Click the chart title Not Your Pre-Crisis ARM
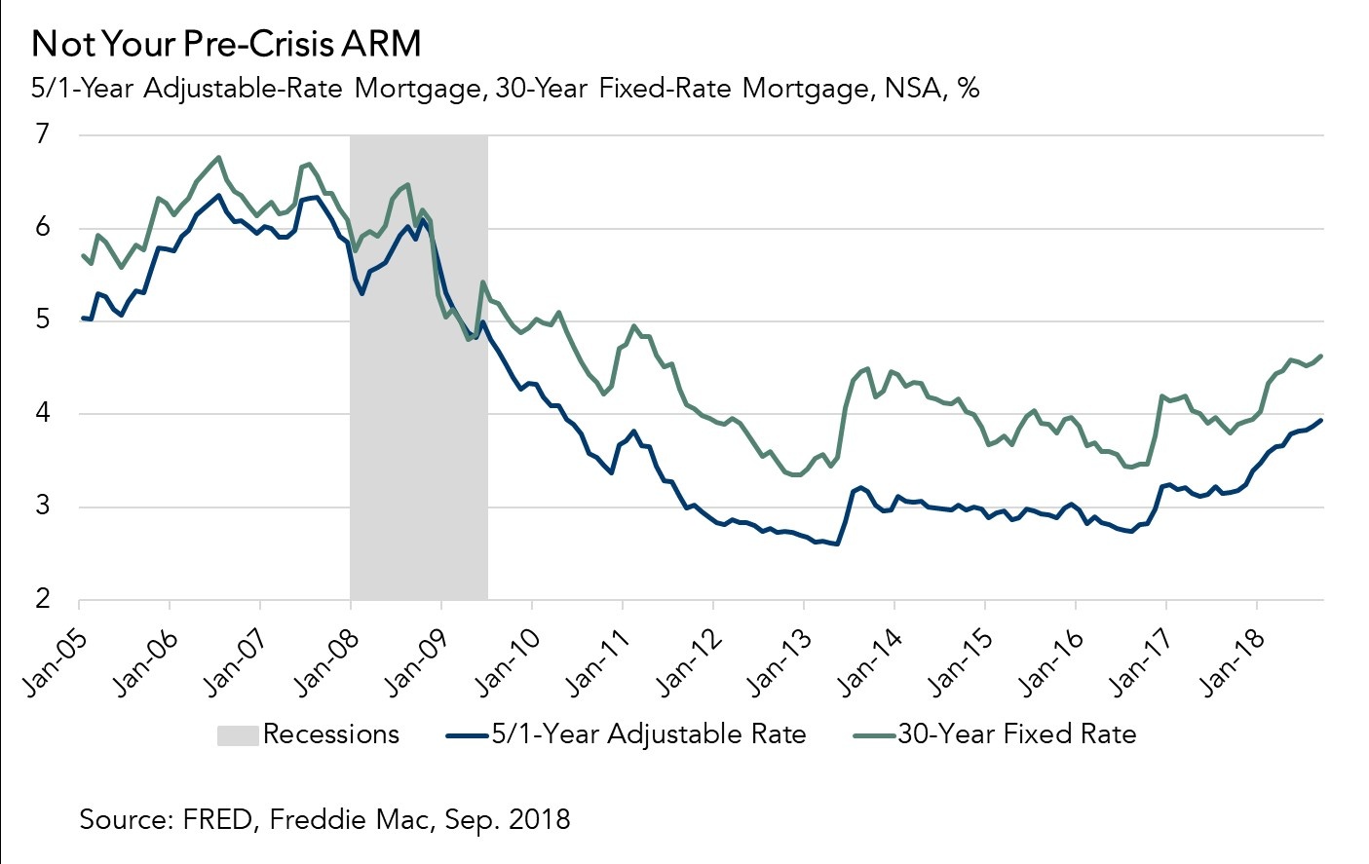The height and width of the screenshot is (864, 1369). point(226,44)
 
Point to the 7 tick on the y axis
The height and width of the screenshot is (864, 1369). point(43,134)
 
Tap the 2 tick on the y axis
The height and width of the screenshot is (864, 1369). point(43,599)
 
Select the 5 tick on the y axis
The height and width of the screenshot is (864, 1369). point(43,320)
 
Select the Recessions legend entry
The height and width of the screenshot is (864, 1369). point(330,734)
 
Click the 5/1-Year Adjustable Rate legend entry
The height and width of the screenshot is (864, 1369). point(648,734)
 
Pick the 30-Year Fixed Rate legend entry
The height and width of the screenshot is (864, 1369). point(1016,734)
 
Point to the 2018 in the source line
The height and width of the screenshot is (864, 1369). point(538,819)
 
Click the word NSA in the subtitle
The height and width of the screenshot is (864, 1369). point(912,89)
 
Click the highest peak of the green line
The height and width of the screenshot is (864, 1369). point(218,157)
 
